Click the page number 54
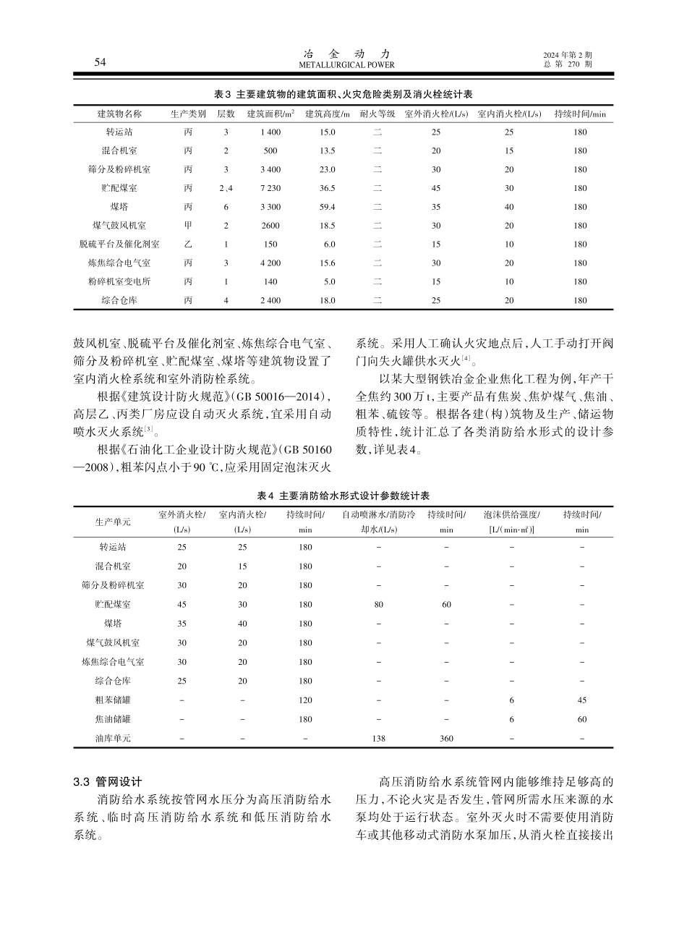click(101, 63)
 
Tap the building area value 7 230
click(270, 188)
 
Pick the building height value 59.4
click(328, 207)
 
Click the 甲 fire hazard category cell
click(188, 226)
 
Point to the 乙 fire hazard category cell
click(188, 245)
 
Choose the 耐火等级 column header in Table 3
click(377, 114)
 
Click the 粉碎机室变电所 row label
click(120, 281)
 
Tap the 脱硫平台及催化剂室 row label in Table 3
click(120, 245)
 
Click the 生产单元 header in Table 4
click(114, 522)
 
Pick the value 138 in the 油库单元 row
click(379, 739)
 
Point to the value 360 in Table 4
click(446, 739)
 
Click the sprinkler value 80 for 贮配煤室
click(379, 604)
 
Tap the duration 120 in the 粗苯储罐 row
click(305, 700)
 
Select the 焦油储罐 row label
click(114, 719)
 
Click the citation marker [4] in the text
click(467, 359)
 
